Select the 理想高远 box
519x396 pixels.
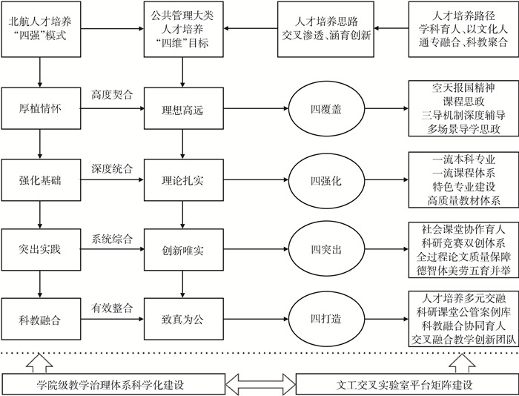click(182, 108)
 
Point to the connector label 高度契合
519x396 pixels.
click(112, 95)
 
